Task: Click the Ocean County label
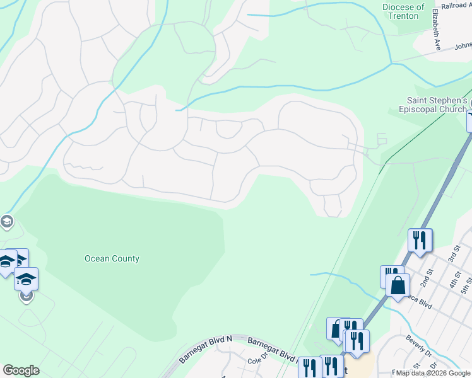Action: coord(112,258)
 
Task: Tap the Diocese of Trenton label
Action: coord(403,11)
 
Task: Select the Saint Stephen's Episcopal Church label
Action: coord(436,105)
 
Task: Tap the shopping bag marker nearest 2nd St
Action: coord(398,285)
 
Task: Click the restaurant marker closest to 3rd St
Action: coord(420,240)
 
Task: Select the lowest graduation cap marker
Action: coord(26,279)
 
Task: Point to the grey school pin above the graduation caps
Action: coord(6,221)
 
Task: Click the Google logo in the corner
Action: coord(21,370)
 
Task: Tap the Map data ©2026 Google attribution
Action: coord(434,373)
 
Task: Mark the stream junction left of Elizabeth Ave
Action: coord(391,63)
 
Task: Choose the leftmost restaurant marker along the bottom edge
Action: coord(309,367)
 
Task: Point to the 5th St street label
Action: coord(466,285)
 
